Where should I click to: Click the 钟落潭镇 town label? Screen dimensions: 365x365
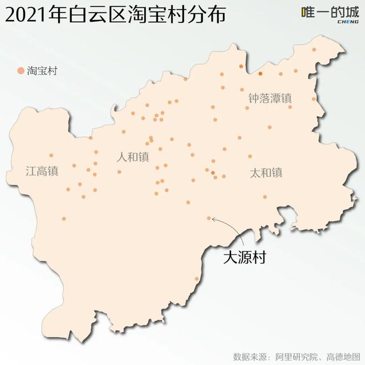(x=270, y=98)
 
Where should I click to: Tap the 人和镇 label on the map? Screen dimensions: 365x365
(x=133, y=157)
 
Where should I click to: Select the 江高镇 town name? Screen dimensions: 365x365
(x=42, y=171)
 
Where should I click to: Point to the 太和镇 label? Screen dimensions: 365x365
(x=266, y=172)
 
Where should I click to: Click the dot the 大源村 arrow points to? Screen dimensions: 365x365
(x=209, y=218)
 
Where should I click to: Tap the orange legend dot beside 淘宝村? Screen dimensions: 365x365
(x=21, y=71)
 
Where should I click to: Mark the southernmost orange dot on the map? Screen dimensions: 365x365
(x=197, y=279)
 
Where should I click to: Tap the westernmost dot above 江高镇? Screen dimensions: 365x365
(x=51, y=155)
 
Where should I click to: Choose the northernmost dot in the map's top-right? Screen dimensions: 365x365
(x=314, y=50)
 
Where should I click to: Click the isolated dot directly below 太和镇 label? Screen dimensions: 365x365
(x=265, y=197)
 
